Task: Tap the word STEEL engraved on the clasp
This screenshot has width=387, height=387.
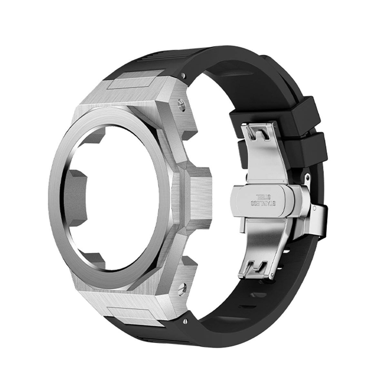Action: click(x=262, y=196)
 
